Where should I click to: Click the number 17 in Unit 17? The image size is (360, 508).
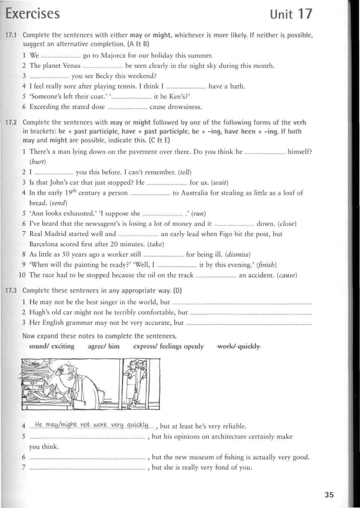pos(322,13)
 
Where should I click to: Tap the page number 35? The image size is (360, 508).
pos(329,494)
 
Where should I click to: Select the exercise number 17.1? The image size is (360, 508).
pos(11,35)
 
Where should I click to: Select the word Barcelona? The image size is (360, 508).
pos(47,244)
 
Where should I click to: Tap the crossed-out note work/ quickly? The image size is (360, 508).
pos(239,346)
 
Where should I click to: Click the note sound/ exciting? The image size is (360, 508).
pos(51,346)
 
